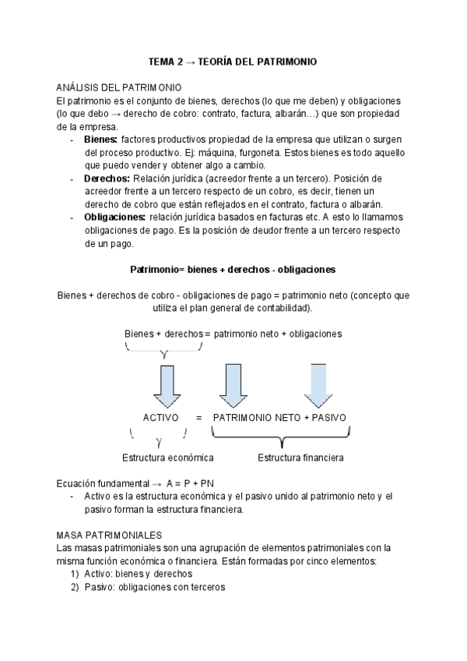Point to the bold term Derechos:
[107, 178]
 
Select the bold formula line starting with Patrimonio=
[233, 270]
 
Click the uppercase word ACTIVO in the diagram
[161, 418]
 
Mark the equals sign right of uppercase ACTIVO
[198, 418]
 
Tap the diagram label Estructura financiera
[300, 457]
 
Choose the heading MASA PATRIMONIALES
[109, 536]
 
